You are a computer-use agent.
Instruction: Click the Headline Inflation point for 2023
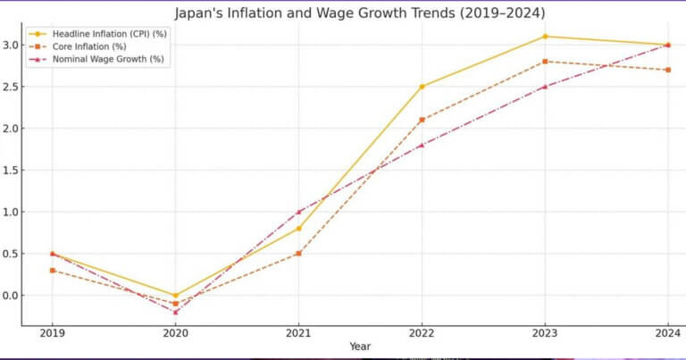(x=545, y=37)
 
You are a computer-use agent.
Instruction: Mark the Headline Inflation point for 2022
(x=422, y=87)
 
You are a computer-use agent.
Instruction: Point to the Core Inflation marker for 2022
(x=422, y=120)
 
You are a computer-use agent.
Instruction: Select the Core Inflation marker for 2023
(x=545, y=62)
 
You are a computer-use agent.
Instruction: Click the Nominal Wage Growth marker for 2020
(x=175, y=312)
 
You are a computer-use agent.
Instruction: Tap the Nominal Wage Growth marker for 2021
(x=298, y=212)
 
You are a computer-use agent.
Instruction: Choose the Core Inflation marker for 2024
(x=668, y=70)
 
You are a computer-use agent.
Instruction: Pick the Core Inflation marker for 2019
(x=52, y=270)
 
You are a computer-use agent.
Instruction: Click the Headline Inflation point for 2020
(x=175, y=295)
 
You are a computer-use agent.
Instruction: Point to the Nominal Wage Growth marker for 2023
(x=545, y=87)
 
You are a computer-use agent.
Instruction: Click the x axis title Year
(x=360, y=347)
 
